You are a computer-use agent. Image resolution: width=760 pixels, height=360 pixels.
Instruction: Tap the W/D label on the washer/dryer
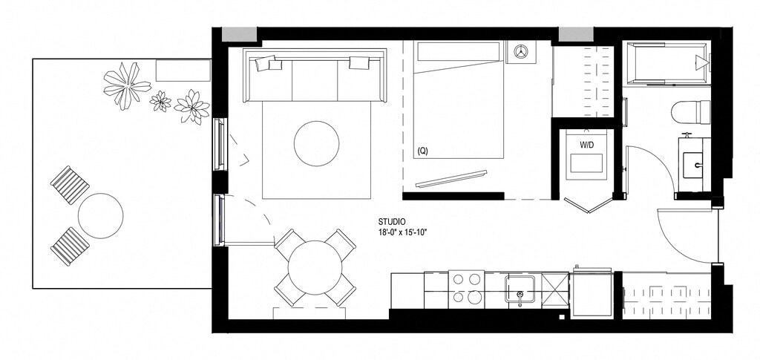click(x=586, y=145)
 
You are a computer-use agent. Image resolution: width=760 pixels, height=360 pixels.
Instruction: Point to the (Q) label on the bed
click(x=422, y=151)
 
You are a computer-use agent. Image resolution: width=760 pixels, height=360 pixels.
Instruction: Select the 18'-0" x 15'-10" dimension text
click(x=404, y=232)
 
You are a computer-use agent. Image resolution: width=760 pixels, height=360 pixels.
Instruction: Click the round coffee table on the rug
click(x=316, y=143)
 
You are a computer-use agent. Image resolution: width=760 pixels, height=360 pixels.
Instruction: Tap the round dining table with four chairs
click(x=315, y=268)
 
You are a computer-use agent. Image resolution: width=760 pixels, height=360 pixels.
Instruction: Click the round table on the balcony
click(x=100, y=215)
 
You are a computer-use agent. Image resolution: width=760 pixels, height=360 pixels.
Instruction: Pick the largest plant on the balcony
click(x=126, y=85)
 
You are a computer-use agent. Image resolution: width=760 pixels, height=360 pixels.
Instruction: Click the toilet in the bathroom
click(x=691, y=112)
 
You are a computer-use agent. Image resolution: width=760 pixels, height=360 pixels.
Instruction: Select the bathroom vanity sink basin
click(x=694, y=165)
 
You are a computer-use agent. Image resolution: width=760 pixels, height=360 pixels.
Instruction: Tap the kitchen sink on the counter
click(x=520, y=289)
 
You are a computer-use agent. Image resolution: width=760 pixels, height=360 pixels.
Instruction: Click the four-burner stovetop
click(x=466, y=289)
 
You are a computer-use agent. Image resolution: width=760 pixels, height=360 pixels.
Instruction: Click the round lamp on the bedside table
click(x=521, y=52)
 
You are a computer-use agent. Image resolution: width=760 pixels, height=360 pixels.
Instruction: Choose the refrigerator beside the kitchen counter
click(x=592, y=294)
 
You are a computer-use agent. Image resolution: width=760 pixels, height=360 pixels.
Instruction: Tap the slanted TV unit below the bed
click(x=451, y=178)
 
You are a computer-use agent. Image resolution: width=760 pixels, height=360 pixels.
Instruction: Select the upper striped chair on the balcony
click(x=70, y=185)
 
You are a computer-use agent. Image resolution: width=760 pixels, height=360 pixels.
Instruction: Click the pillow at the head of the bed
click(x=458, y=52)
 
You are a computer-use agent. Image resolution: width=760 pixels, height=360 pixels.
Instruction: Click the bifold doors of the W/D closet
click(x=589, y=203)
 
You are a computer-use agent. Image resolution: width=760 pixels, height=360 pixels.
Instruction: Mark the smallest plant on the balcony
click(x=160, y=101)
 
